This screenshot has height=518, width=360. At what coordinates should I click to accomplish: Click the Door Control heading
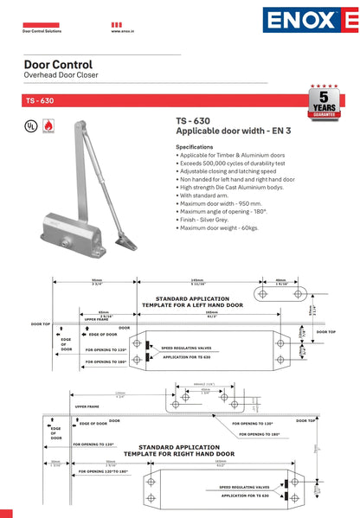(x=57, y=65)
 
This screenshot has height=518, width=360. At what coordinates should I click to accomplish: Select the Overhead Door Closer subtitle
(x=61, y=76)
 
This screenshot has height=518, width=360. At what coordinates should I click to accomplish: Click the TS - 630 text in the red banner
(x=40, y=100)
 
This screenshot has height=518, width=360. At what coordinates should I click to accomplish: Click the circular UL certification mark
(x=29, y=125)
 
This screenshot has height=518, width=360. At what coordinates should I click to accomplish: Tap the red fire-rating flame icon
(x=47, y=125)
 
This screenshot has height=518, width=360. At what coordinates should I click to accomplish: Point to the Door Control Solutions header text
(x=41, y=31)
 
